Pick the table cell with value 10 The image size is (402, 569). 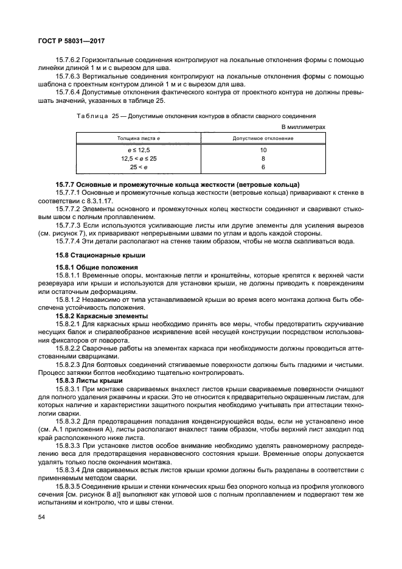pyautogui.click(x=263, y=150)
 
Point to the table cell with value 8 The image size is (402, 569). pyautogui.click(x=263, y=158)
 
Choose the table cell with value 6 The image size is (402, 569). pyautogui.click(x=263, y=167)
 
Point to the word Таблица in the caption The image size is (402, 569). pyautogui.click(x=91, y=116)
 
